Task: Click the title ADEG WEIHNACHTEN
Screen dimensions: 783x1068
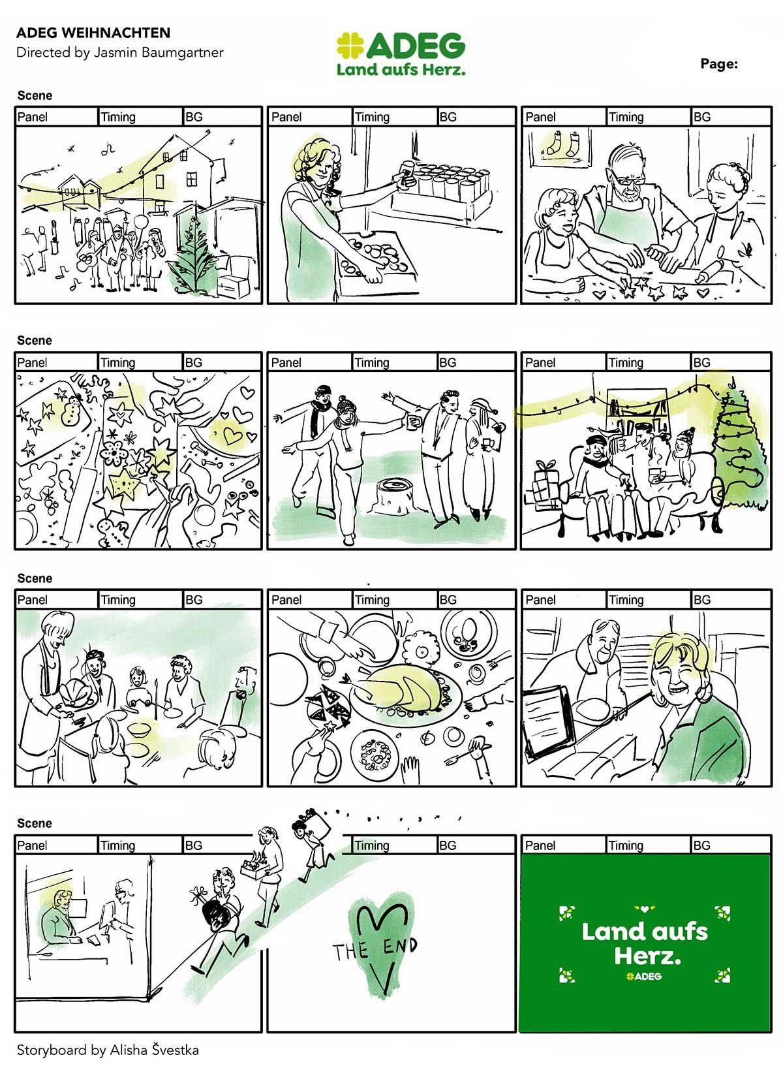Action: coord(93,33)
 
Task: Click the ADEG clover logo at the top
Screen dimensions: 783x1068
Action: coord(350,45)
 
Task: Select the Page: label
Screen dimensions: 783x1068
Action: coord(718,63)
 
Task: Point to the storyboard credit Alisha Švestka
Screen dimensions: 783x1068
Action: coord(155,1050)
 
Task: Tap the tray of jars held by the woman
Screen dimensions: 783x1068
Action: coord(441,193)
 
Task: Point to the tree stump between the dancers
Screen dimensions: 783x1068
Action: coord(395,496)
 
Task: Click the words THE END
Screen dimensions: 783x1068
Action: coord(375,949)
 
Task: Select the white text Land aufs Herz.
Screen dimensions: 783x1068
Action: coord(644,943)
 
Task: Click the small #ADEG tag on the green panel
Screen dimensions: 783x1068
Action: coord(644,976)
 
